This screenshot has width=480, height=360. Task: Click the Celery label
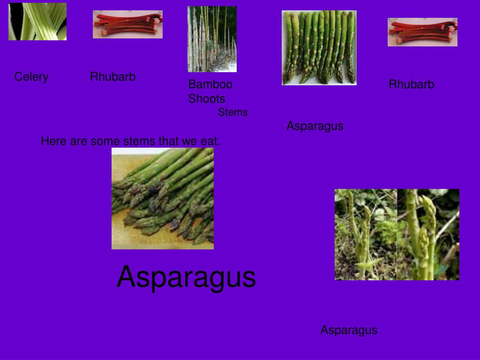tap(31, 77)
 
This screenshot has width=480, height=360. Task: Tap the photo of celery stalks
tap(37, 22)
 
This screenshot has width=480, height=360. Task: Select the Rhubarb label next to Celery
tap(112, 77)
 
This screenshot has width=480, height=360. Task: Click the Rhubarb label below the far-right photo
tap(411, 84)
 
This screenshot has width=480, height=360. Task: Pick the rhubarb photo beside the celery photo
tap(127, 24)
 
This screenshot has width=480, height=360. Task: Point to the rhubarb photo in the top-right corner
tap(422, 32)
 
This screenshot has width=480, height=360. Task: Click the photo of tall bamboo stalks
tap(212, 39)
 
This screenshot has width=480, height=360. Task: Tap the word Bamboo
tap(210, 85)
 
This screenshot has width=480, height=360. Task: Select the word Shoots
tap(207, 99)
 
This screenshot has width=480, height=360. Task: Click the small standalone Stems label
tap(232, 112)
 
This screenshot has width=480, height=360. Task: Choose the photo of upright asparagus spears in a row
tap(319, 47)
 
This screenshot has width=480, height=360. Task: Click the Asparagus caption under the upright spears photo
tap(315, 126)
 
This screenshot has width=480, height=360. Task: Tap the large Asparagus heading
tap(186, 277)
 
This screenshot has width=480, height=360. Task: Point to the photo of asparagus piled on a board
tap(163, 198)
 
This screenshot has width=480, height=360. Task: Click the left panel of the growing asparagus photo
tap(366, 234)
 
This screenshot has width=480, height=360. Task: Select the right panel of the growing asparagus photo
tap(428, 234)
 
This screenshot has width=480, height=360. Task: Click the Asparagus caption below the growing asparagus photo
tap(349, 330)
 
